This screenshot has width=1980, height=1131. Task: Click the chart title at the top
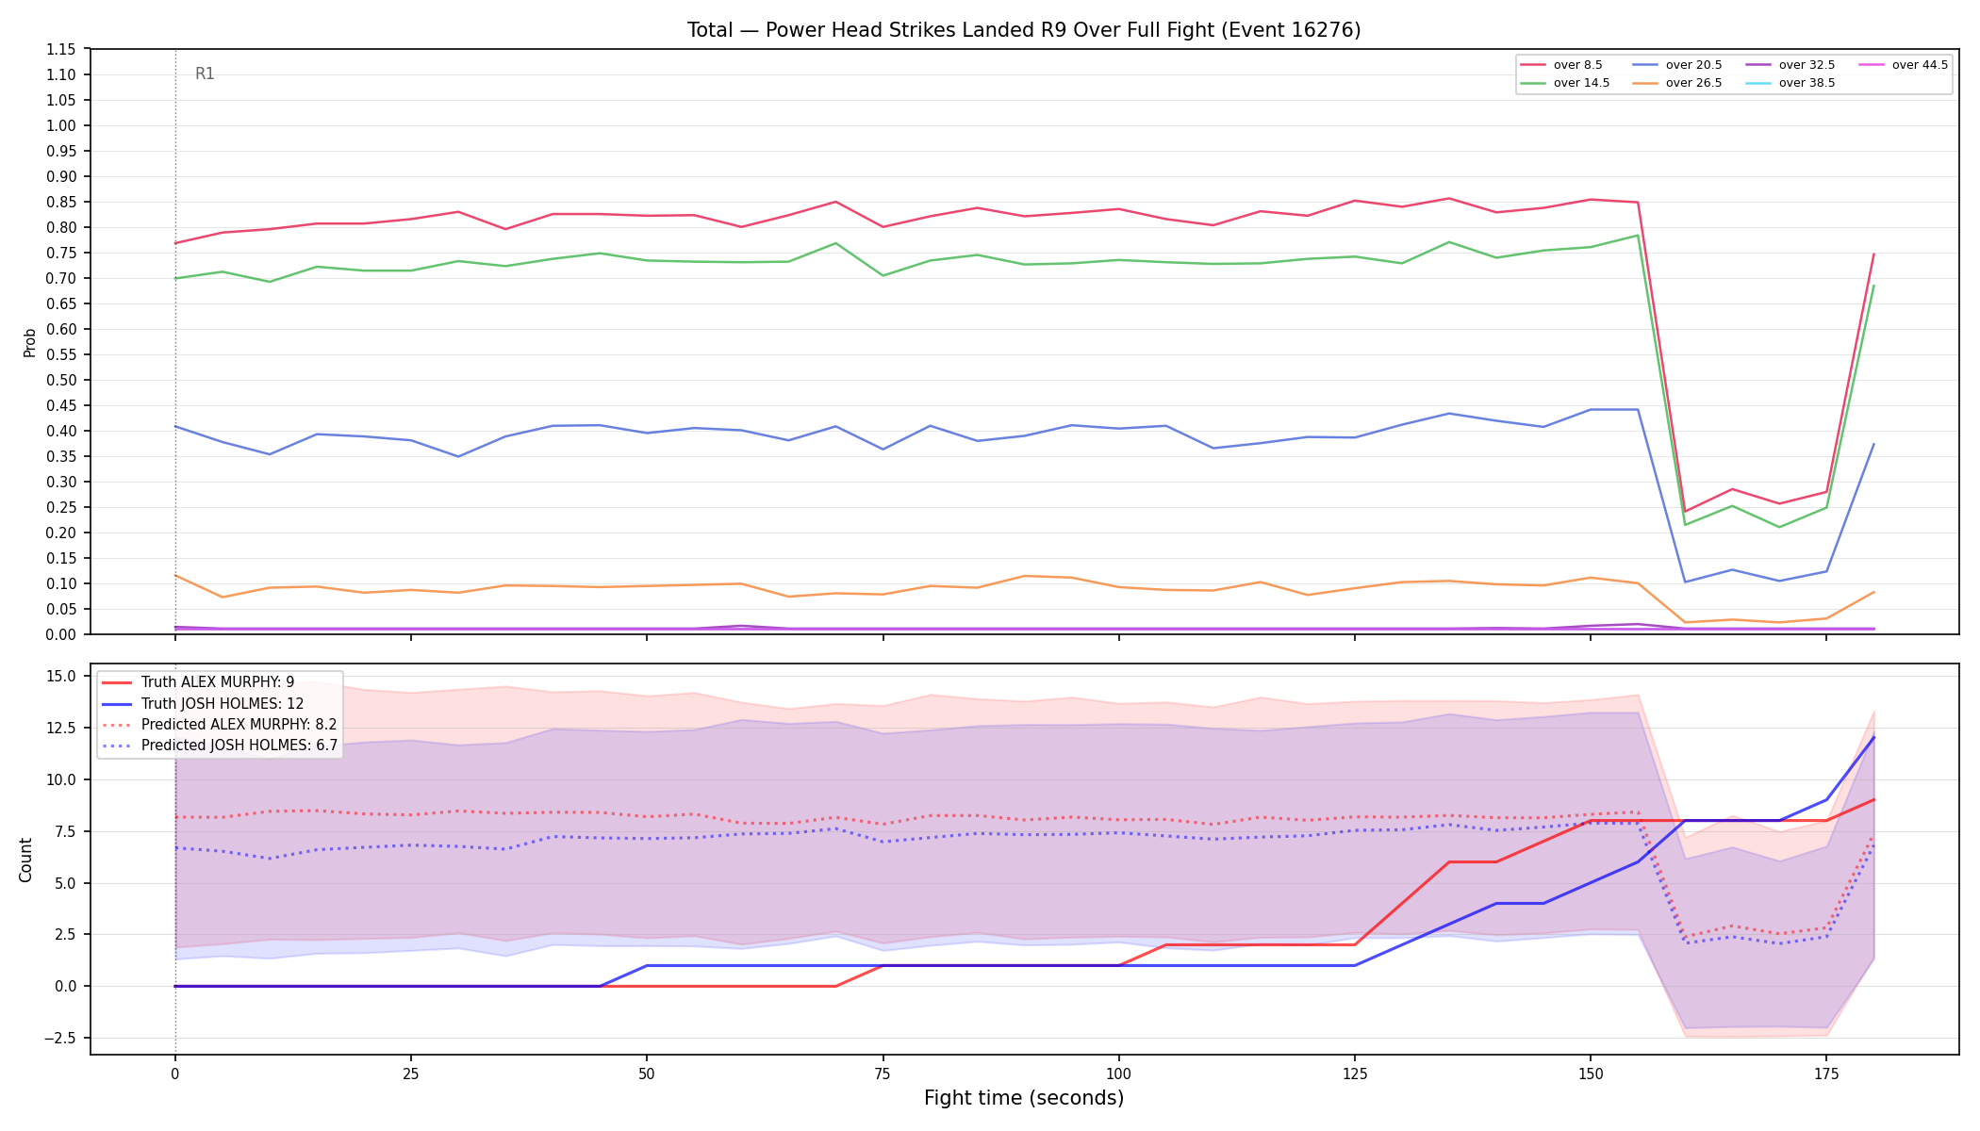pyautogui.click(x=1024, y=30)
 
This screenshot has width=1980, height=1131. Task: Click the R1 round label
pyautogui.click(x=205, y=74)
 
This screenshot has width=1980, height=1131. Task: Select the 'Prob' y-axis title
pyautogui.click(x=29, y=342)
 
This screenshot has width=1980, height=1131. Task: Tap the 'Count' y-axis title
pyautogui.click(x=25, y=860)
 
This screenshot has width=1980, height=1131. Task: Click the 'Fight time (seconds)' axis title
pyautogui.click(x=1024, y=1098)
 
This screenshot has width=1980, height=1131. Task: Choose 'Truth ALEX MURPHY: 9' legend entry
pyautogui.click(x=218, y=682)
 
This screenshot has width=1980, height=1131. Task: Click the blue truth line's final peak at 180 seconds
pyautogui.click(x=1873, y=737)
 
